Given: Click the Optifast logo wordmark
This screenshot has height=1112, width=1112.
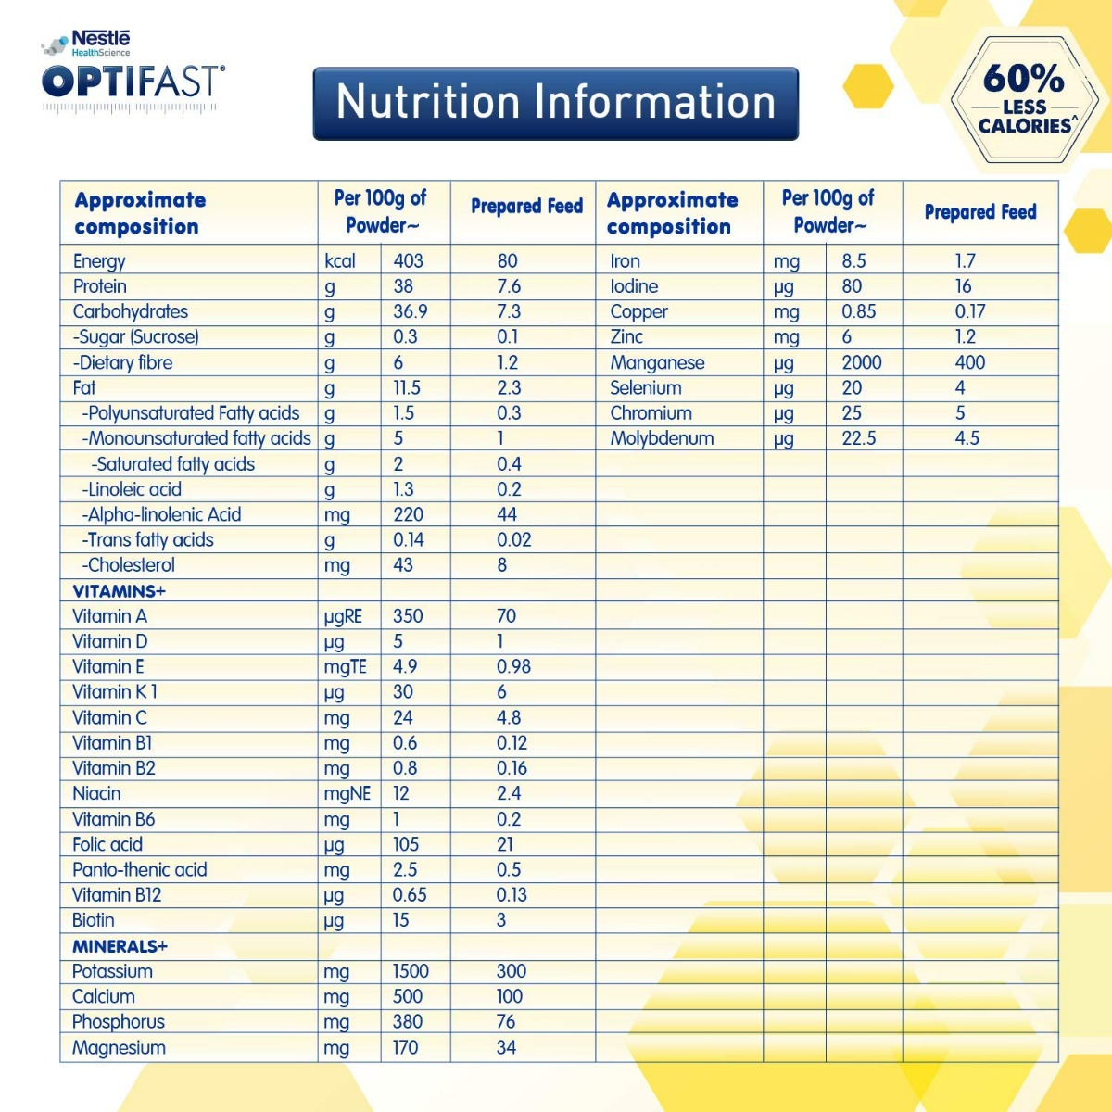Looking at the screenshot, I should pyautogui.click(x=133, y=82).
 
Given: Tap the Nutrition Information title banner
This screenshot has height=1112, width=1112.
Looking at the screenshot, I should pyautogui.click(x=555, y=103).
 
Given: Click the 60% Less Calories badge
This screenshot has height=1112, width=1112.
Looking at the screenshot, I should pyautogui.click(x=1024, y=99).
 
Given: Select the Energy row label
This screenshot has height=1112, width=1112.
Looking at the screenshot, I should pyautogui.click(x=99, y=261).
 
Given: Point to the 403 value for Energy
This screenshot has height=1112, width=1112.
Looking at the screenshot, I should pyautogui.click(x=408, y=261).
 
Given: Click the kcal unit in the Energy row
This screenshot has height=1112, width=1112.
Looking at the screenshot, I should pyautogui.click(x=340, y=261).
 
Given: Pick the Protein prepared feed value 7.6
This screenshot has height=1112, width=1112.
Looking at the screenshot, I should pyautogui.click(x=509, y=286).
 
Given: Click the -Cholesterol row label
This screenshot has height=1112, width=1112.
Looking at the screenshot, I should pyautogui.click(x=128, y=565).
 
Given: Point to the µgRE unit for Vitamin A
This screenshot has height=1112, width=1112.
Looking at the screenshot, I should pyautogui.click(x=343, y=616).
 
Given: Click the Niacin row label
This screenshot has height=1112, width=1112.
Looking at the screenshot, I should pyautogui.click(x=96, y=793).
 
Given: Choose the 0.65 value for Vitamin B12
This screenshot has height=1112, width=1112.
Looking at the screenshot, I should pyautogui.click(x=410, y=895).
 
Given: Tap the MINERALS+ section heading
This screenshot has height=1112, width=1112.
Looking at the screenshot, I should pyautogui.click(x=120, y=946).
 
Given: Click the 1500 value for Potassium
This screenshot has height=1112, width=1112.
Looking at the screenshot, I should pyautogui.click(x=411, y=971).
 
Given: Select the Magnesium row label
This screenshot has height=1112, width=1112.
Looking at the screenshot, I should pyautogui.click(x=119, y=1048).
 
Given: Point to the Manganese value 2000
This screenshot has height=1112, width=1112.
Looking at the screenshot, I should pyautogui.click(x=862, y=362).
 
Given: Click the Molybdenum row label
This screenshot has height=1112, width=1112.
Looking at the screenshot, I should pyautogui.click(x=662, y=438).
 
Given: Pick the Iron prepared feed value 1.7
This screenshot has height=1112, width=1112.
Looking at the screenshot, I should pyautogui.click(x=966, y=261).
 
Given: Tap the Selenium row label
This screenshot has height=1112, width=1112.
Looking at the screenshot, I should pyautogui.click(x=645, y=387).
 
